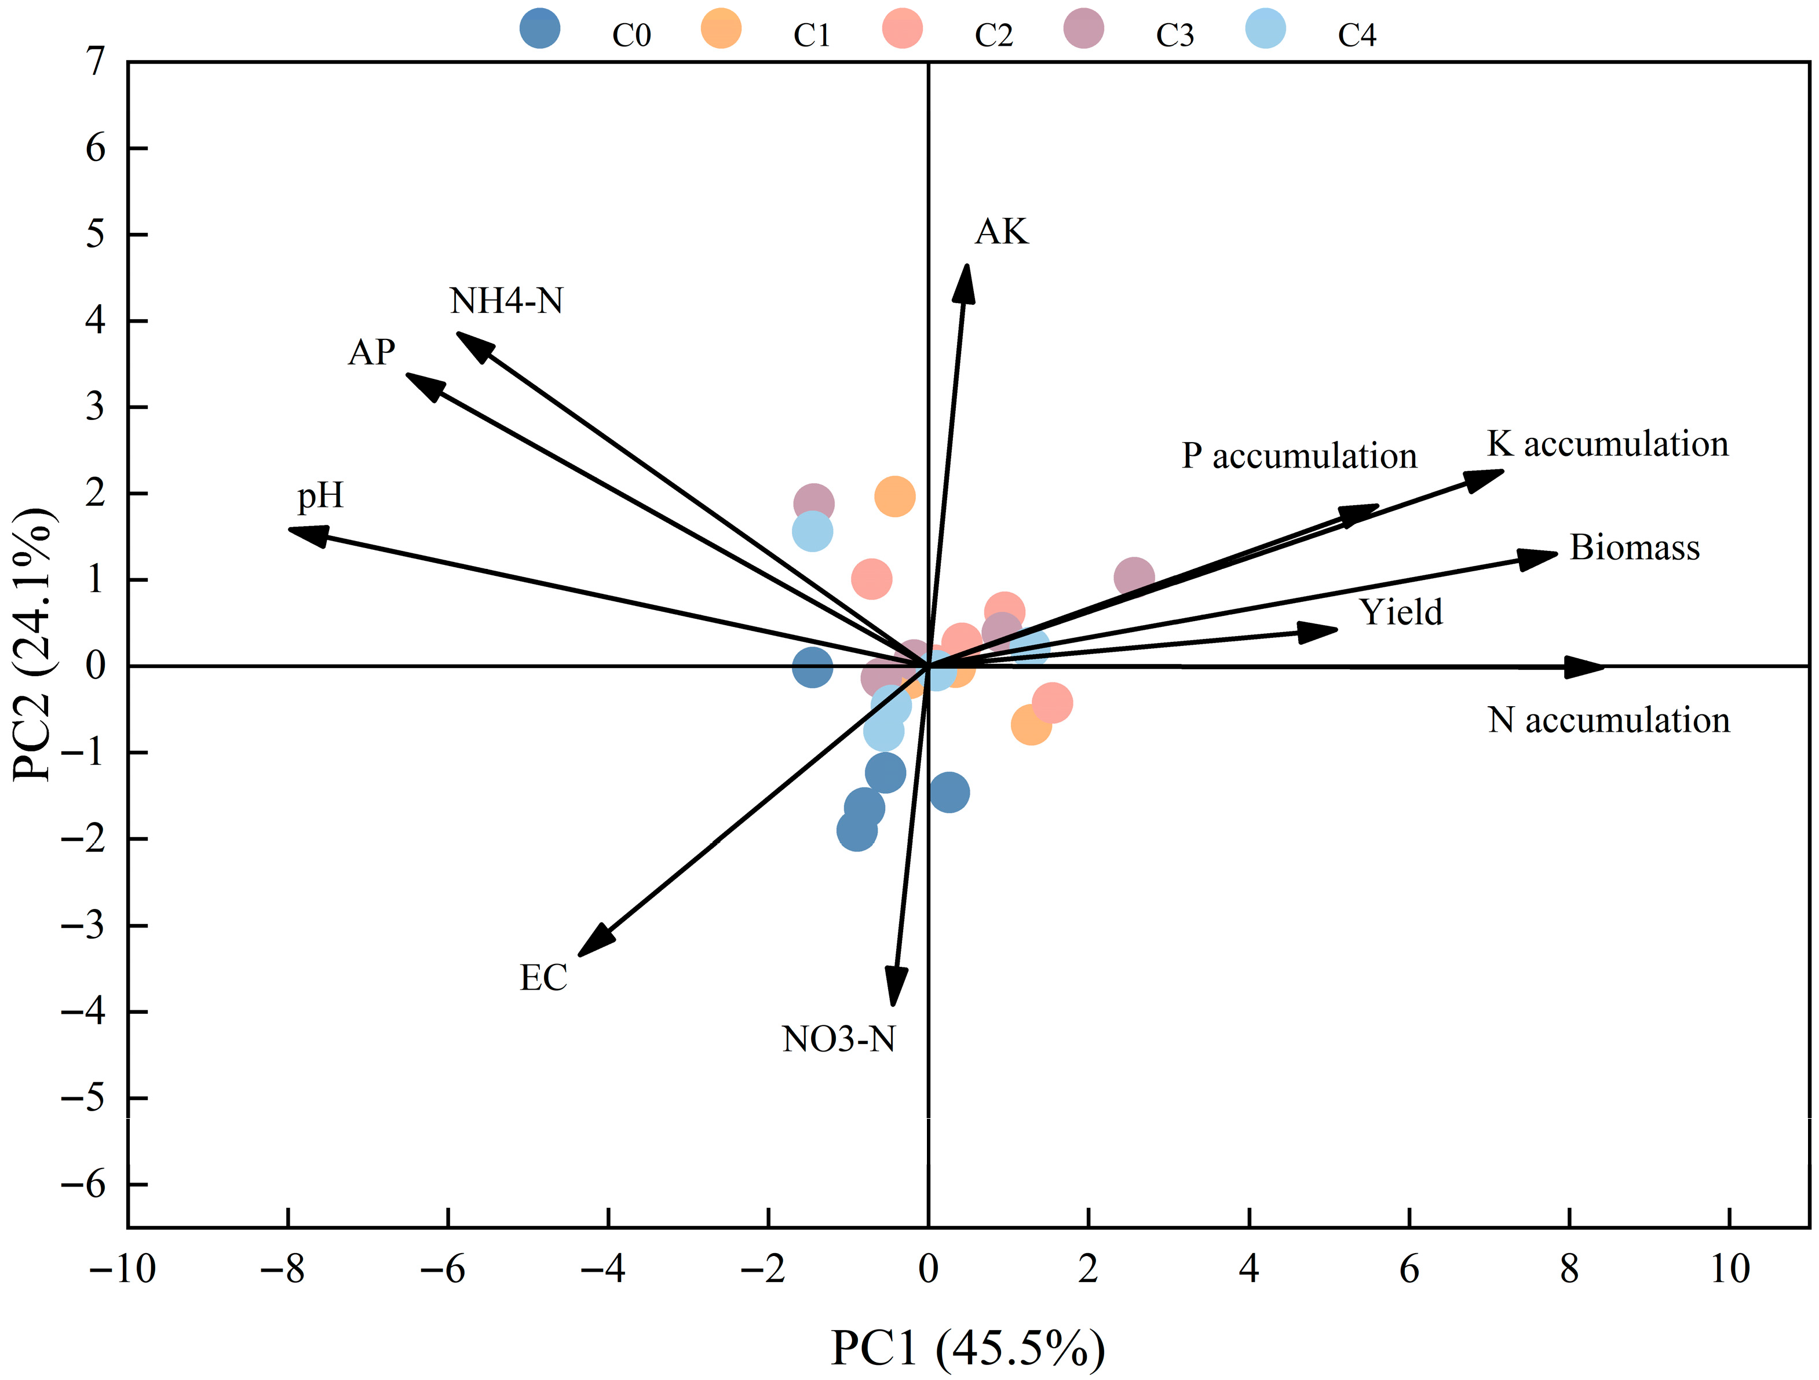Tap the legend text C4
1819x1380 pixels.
(x=1357, y=35)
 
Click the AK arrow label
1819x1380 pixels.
(x=1001, y=232)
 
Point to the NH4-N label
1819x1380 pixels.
(x=506, y=301)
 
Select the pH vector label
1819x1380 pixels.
(x=320, y=496)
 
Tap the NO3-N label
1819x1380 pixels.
(x=839, y=1039)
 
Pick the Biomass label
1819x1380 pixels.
(x=1635, y=547)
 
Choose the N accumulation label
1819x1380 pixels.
(x=1609, y=721)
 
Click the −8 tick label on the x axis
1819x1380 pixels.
(x=282, y=1271)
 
